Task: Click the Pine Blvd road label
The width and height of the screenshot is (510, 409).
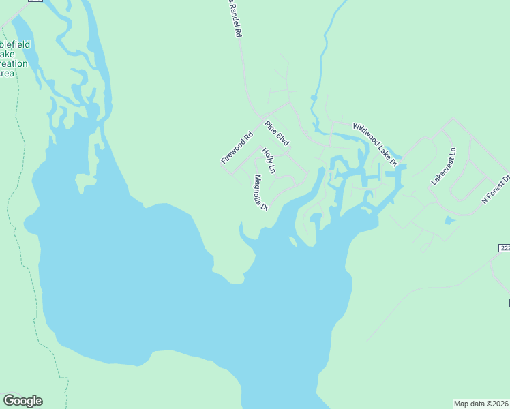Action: pos(277,133)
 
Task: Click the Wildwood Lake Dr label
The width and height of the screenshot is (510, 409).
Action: pos(375,144)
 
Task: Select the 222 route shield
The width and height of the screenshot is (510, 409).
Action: pos(502,249)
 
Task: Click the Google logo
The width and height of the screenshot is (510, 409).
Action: pos(22,401)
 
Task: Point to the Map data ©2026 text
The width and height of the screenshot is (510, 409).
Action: pos(481,404)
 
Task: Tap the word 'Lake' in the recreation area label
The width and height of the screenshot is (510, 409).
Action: pos(7,54)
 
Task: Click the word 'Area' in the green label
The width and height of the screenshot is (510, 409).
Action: pos(6,73)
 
